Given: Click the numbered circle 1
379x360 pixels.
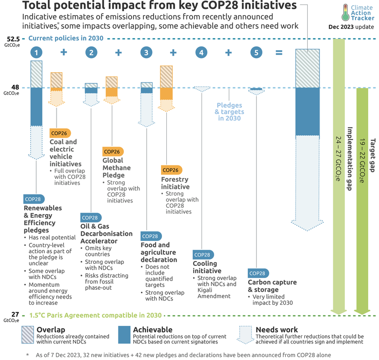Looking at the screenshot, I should tap(37, 52).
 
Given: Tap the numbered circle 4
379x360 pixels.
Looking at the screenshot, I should tap(201, 52).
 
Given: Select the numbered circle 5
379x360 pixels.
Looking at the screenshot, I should tap(256, 52).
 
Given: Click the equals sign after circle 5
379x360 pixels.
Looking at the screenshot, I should tap(279, 52).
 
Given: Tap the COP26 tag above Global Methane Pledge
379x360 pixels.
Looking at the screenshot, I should tap(113, 151).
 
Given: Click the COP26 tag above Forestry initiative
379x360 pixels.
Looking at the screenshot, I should tap(171, 170).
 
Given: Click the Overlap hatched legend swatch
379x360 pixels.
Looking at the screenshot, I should tap(28, 334).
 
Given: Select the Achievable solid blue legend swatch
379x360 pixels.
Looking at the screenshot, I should tap(125, 334).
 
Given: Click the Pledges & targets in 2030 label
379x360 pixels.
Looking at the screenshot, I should tap(229, 112).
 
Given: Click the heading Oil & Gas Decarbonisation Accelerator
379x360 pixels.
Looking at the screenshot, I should tap(106, 233).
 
